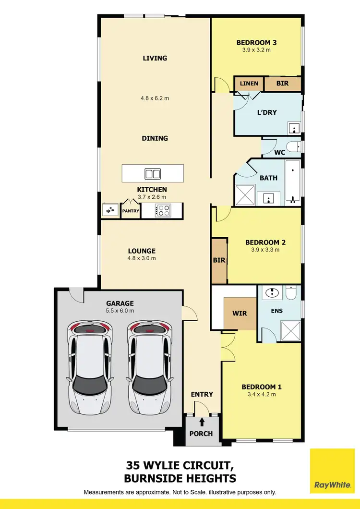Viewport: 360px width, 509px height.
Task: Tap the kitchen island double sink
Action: click(153, 173)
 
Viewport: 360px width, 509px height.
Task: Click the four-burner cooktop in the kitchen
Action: click(163, 210)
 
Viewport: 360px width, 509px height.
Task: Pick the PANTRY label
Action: click(130, 211)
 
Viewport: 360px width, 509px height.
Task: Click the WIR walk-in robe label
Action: click(240, 314)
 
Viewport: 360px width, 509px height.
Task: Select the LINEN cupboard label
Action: click(249, 84)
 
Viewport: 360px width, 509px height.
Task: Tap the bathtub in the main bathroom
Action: click(292, 180)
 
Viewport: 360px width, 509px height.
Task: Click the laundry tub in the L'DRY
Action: click(294, 128)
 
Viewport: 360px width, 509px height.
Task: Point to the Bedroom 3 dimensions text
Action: click(256, 49)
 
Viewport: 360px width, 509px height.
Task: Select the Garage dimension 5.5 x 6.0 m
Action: click(120, 311)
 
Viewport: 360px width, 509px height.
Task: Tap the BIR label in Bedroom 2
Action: click(219, 260)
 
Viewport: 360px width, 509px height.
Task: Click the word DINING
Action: click(155, 138)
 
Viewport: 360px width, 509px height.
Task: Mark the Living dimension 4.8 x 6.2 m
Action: click(155, 98)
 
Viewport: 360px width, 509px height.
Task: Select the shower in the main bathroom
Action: click(245, 196)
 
